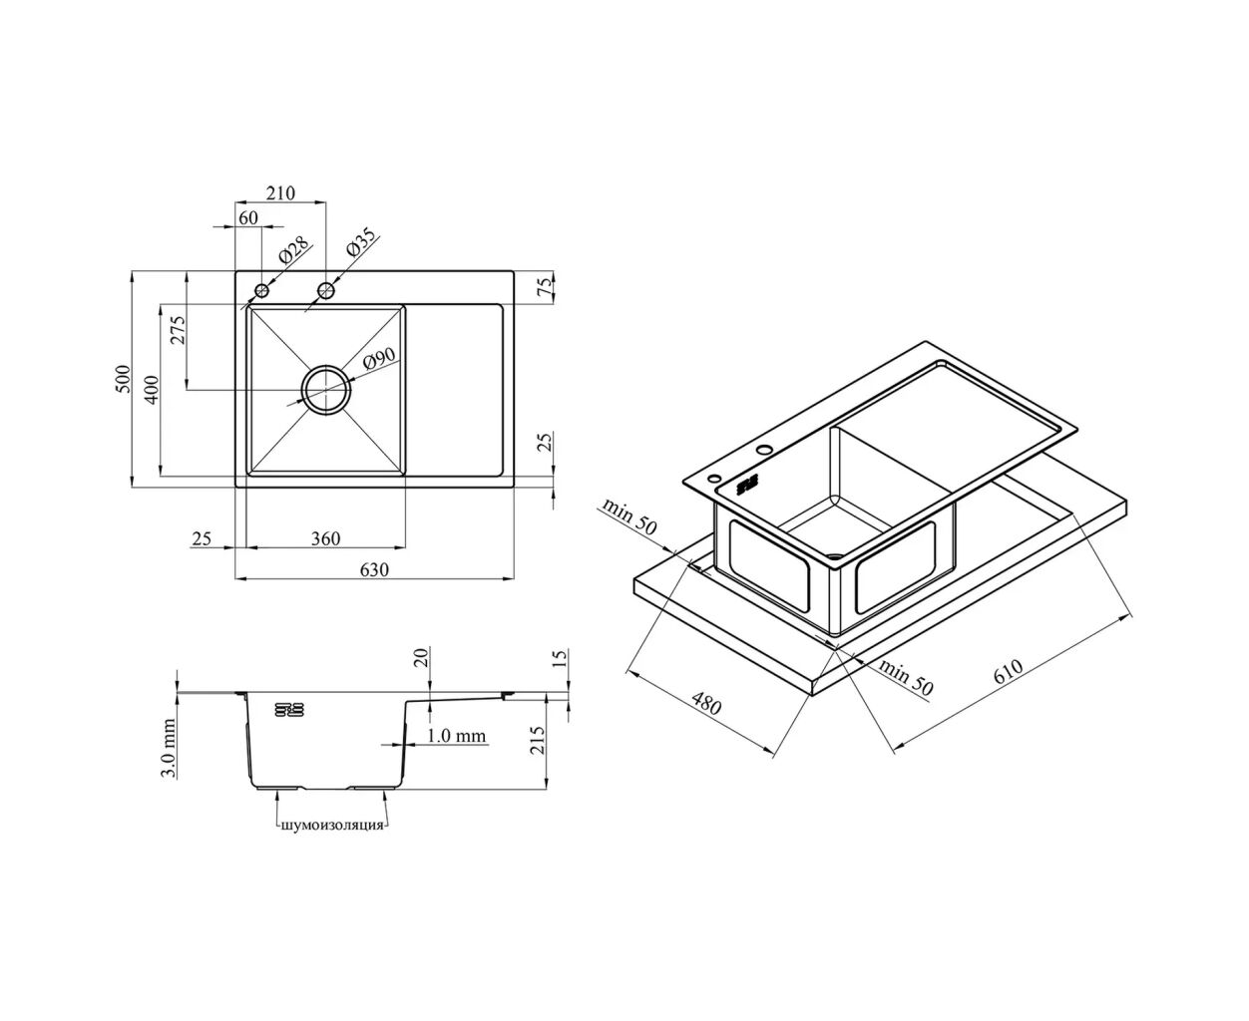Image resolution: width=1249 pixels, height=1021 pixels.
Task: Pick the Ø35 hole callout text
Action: pyautogui.click(x=360, y=243)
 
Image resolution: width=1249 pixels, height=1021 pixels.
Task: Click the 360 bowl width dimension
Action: pyautogui.click(x=325, y=539)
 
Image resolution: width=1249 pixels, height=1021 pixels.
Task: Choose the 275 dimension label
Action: pyautogui.click(x=178, y=329)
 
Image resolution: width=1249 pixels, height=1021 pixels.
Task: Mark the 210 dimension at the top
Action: pyautogui.click(x=280, y=192)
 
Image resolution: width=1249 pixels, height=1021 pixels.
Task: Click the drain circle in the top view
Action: pyautogui.click(x=326, y=389)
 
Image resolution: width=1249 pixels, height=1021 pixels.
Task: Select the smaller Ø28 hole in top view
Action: pyautogui.click(x=262, y=290)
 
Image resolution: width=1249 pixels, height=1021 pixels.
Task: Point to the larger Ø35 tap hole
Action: pyautogui.click(x=326, y=290)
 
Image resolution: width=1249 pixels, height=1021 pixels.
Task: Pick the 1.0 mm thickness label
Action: pyautogui.click(x=456, y=736)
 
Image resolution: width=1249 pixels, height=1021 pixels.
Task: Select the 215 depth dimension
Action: pyautogui.click(x=540, y=740)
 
